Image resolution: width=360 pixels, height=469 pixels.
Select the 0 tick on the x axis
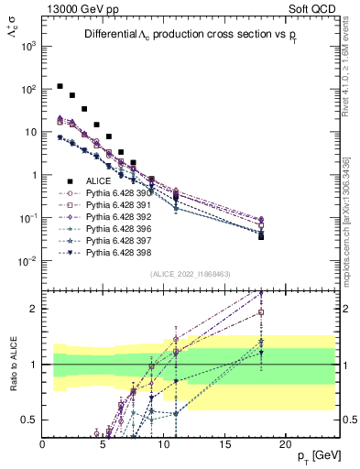click(x=43, y=443)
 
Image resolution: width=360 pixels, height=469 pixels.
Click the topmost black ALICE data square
click(x=60, y=86)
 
